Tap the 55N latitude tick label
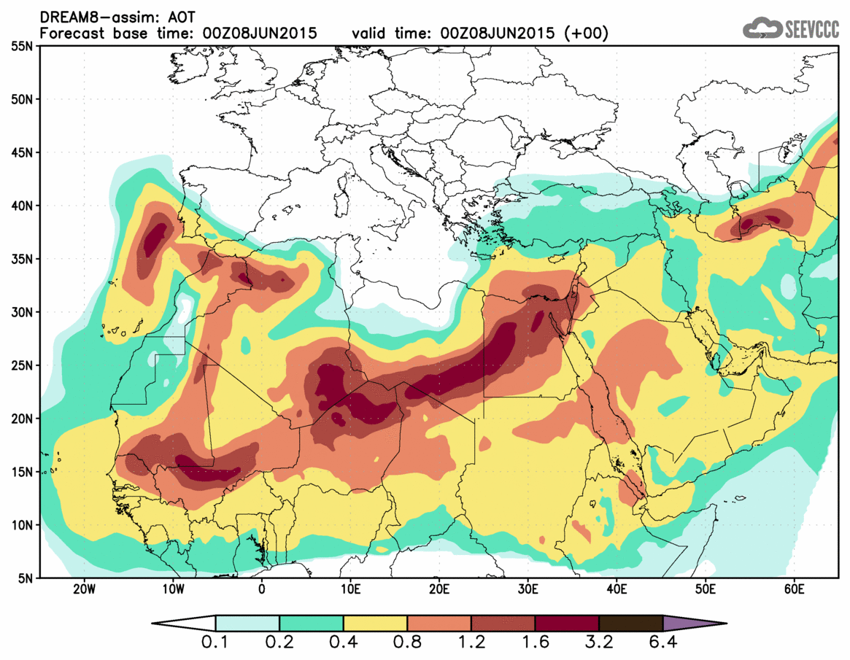(x=21, y=46)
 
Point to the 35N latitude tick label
(x=21, y=259)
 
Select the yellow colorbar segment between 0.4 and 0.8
(x=375, y=624)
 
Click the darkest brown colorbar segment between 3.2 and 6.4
(x=630, y=624)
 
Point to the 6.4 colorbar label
(x=662, y=644)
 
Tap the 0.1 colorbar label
(x=216, y=644)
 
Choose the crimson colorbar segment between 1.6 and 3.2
(x=567, y=624)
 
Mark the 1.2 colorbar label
(x=471, y=644)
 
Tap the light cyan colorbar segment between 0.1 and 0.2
(x=247, y=624)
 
